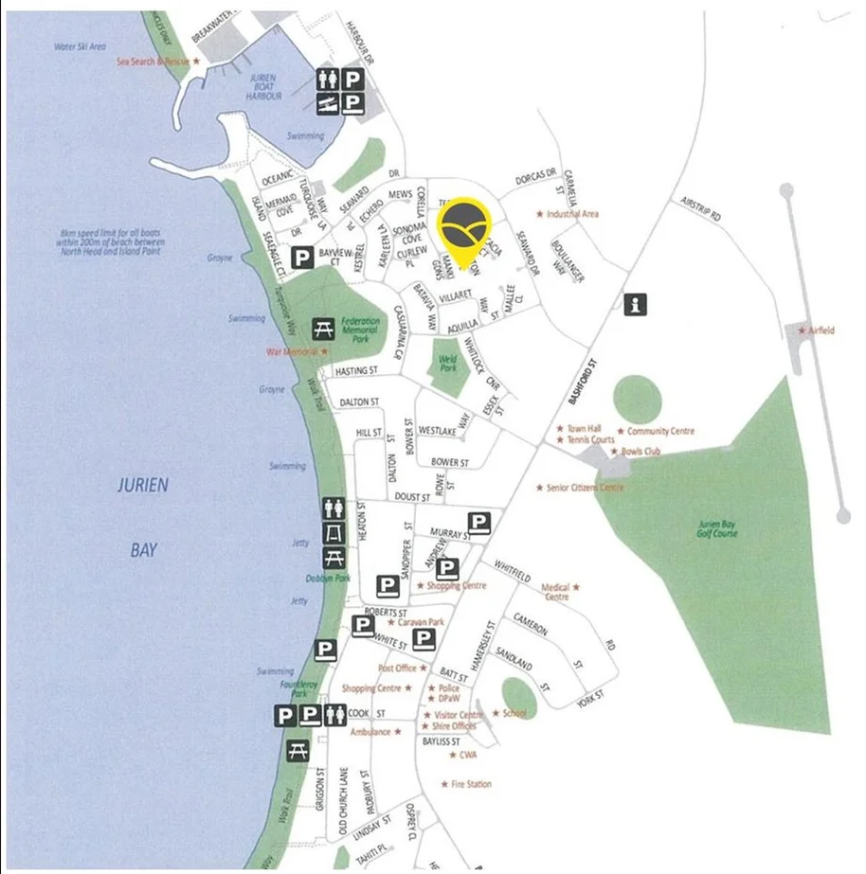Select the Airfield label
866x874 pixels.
pyautogui.click(x=820, y=330)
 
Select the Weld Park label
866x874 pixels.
pyautogui.click(x=448, y=363)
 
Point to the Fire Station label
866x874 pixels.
pyautogui.click(x=471, y=784)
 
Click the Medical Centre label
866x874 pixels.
pyautogui.click(x=556, y=592)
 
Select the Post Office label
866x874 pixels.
pyautogui.click(x=398, y=668)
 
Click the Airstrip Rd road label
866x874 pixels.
pyautogui.click(x=700, y=208)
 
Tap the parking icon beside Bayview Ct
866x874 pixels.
pyautogui.click(x=302, y=256)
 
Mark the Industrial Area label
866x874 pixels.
pyautogui.click(x=572, y=214)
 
